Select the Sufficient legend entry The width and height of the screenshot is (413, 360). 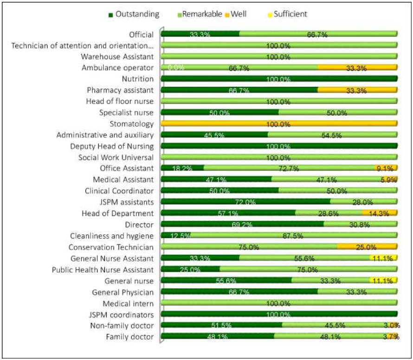pyautogui.click(x=290, y=14)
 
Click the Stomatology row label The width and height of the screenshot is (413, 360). pyautogui.click(x=131, y=124)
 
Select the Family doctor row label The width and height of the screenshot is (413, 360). pyautogui.click(x=129, y=337)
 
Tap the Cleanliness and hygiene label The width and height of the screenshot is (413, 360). pyautogui.click(x=111, y=236)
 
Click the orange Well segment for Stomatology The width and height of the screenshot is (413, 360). pyautogui.click(x=279, y=124)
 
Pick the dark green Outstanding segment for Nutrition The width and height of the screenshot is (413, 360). pyautogui.click(x=279, y=79)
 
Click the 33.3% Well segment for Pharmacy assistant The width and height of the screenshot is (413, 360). pyautogui.click(x=357, y=90)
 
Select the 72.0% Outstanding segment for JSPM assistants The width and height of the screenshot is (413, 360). pyautogui.click(x=245, y=202)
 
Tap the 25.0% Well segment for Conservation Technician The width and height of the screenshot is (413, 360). pyautogui.click(x=367, y=247)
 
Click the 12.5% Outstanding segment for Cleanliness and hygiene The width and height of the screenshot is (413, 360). pyautogui.click(x=175, y=236)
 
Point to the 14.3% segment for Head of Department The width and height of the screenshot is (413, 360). pyautogui.click(x=380, y=213)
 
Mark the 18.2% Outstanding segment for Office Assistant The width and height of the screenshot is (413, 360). pyautogui.click(x=182, y=168)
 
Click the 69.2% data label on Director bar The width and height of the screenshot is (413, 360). pyautogui.click(x=243, y=225)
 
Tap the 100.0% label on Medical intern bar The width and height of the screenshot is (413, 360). pyautogui.click(x=278, y=304)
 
